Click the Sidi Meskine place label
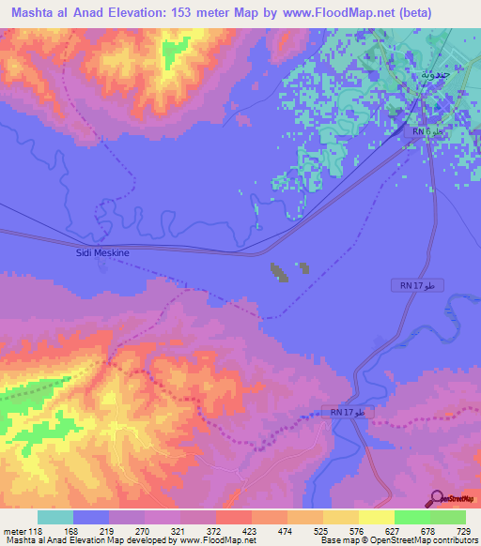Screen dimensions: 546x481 (x=101, y=252)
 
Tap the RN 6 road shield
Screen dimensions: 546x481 (x=423, y=131)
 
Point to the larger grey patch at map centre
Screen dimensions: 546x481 (x=279, y=273)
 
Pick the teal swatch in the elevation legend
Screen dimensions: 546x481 (x=55, y=517)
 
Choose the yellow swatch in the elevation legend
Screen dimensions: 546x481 (x=376, y=517)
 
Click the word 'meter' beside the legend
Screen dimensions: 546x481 (x=14, y=531)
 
